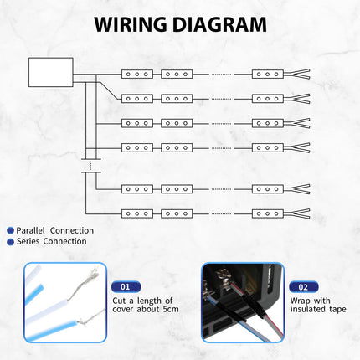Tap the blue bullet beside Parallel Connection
coord(9,230)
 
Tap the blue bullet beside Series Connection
coord(9,242)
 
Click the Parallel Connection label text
coord(54,230)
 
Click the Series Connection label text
coord(51,242)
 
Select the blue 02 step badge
coord(303,286)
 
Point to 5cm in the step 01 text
coord(165,310)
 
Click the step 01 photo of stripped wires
coord(54,303)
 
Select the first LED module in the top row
coord(136,74)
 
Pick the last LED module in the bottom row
coord(268,213)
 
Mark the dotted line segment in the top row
coord(220,74)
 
